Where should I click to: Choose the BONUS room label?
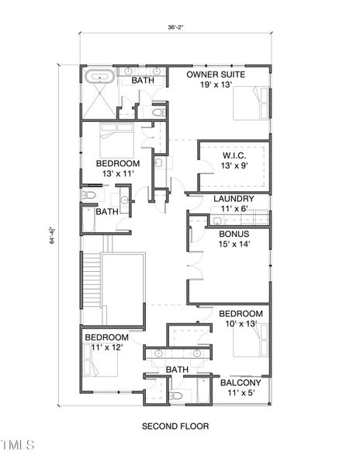(x=234, y=234)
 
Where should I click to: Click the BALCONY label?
(x=240, y=383)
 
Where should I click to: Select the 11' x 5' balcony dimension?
(x=240, y=395)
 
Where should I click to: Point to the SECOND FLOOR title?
(x=175, y=426)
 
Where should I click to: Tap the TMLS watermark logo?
(x=18, y=445)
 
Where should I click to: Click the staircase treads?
(x=92, y=280)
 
